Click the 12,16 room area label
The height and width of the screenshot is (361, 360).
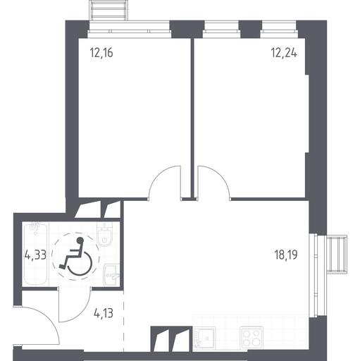[101, 53]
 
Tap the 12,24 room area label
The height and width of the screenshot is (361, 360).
[284, 53]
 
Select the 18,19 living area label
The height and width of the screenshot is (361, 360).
[286, 255]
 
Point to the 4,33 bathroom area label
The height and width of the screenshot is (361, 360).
[35, 255]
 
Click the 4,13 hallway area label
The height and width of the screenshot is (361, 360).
[104, 313]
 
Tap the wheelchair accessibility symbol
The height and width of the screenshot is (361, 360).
[76, 256]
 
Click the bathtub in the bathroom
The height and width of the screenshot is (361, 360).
[35, 254]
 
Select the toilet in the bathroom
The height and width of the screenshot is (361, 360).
[105, 234]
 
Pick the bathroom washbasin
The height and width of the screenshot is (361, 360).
[111, 275]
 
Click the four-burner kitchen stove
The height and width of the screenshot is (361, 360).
[252, 338]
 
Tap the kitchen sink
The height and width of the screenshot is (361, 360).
[204, 338]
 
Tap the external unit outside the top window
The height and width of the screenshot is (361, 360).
[109, 11]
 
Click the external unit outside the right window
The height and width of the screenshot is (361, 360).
[337, 255]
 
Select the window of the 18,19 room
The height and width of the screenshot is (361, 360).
[314, 275]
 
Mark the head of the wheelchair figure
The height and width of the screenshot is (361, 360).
[80, 240]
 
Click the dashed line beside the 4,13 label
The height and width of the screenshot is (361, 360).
[123, 322]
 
